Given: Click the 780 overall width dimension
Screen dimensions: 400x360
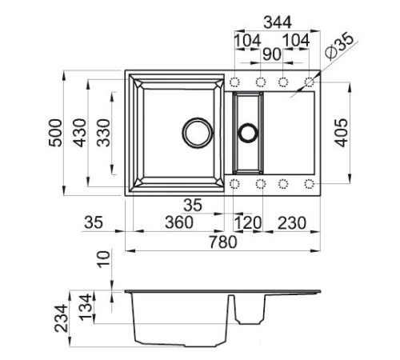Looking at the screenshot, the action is (x=223, y=242).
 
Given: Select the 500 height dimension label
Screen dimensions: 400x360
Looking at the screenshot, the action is (x=55, y=133).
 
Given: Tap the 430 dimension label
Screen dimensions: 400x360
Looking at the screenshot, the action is (x=80, y=133).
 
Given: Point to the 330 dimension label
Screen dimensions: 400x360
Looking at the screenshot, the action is (x=103, y=133).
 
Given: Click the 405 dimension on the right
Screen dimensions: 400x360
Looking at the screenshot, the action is (x=341, y=133).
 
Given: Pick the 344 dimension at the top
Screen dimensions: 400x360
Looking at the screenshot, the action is (x=278, y=22).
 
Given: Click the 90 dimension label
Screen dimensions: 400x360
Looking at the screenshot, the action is (x=272, y=54).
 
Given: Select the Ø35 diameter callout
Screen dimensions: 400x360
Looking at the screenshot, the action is (x=340, y=46).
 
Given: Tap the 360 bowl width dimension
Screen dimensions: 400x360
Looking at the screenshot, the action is (x=179, y=222).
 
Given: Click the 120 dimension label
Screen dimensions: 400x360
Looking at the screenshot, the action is (x=248, y=222).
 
